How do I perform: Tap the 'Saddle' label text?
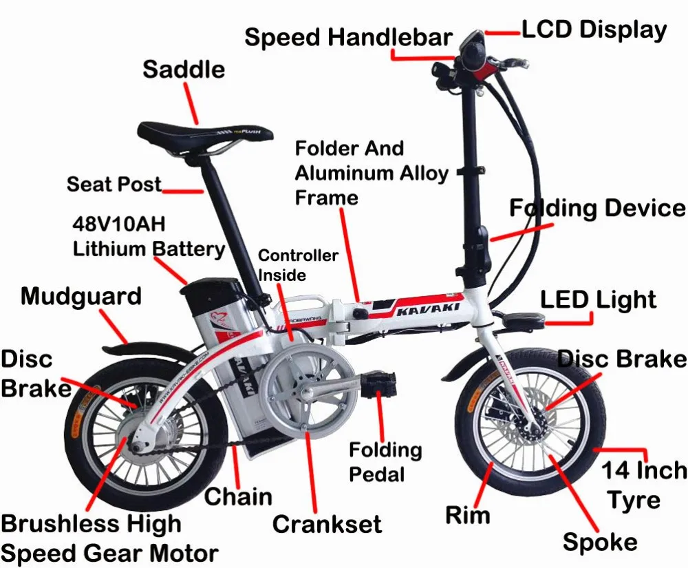[184, 70]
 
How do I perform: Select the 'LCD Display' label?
[594, 30]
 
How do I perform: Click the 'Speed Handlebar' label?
[349, 37]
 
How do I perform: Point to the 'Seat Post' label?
[114, 185]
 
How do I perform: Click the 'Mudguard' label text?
[81, 297]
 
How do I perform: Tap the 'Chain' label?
[238, 497]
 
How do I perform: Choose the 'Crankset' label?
[327, 524]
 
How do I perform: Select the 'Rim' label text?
[468, 515]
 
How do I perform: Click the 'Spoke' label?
[600, 543]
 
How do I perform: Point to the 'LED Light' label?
[598, 300]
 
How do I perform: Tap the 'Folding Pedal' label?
[385, 462]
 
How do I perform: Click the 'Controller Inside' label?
[298, 265]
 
